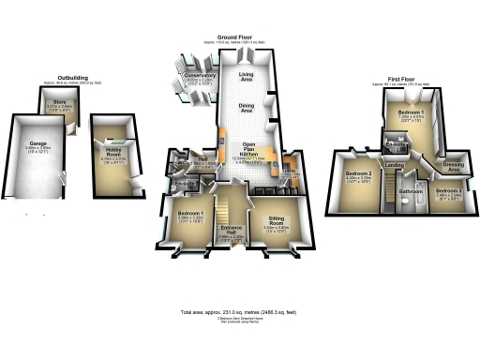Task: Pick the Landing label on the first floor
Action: (x=395, y=165)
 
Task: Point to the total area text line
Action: (x=239, y=311)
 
